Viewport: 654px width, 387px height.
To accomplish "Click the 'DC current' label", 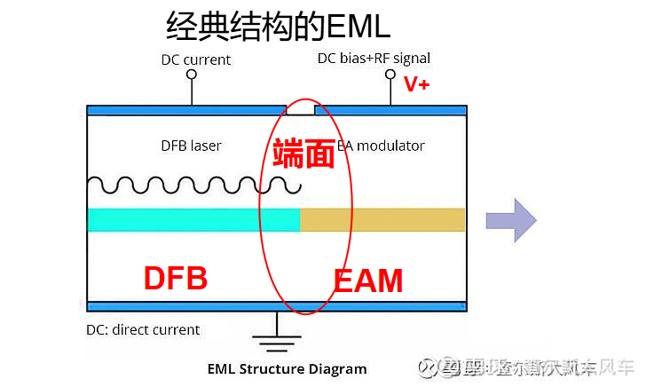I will click(x=195, y=60).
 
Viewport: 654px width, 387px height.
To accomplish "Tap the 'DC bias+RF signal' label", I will click(x=374, y=59).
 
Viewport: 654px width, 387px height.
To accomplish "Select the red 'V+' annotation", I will click(x=416, y=84).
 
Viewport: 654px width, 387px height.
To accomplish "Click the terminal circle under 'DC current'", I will click(x=191, y=75).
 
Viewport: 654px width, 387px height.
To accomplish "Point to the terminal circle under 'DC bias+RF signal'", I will click(x=389, y=75).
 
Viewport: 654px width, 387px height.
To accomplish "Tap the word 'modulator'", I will click(x=392, y=146).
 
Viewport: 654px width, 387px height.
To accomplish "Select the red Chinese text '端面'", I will click(x=303, y=154).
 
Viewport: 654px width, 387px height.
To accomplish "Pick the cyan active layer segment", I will click(x=193, y=219).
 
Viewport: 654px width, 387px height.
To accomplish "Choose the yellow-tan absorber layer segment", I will click(x=382, y=219).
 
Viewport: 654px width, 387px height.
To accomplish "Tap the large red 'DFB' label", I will click(x=176, y=278).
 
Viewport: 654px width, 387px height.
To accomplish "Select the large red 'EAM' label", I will click(x=368, y=281).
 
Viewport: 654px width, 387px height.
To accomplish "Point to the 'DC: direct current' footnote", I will click(x=143, y=330).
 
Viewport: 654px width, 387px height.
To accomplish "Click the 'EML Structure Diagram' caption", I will click(x=287, y=368).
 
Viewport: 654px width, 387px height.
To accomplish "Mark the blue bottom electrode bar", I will click(x=276, y=306).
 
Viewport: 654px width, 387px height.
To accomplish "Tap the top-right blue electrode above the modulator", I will click(x=390, y=111).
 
